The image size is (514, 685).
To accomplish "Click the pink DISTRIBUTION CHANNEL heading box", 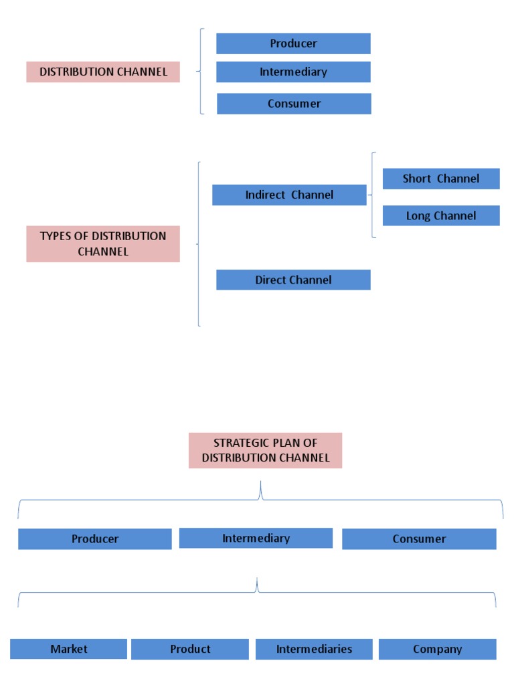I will pyautogui.click(x=103, y=72).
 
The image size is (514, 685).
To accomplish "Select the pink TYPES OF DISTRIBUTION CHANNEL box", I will pyautogui.click(x=103, y=243).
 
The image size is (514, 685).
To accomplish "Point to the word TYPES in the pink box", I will pyautogui.click(x=55, y=236).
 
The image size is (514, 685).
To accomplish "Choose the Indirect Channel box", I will pyautogui.click(x=289, y=195).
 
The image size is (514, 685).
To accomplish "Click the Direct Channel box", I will pyautogui.click(x=293, y=280).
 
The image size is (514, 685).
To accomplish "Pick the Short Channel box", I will pyautogui.click(x=441, y=179).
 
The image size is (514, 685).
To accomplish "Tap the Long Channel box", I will pyautogui.click(x=441, y=215).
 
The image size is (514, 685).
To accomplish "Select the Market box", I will pyautogui.click(x=68, y=649).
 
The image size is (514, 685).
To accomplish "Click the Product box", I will pyautogui.click(x=190, y=649).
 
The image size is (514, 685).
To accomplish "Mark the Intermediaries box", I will pyautogui.click(x=314, y=649).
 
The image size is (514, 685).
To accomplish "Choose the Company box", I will pyautogui.click(x=438, y=649).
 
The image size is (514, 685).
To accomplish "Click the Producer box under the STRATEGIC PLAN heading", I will pyautogui.click(x=95, y=539).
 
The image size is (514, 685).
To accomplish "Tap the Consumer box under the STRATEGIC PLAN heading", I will pyautogui.click(x=419, y=539).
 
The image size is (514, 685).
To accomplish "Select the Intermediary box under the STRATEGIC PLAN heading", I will pyautogui.click(x=256, y=538).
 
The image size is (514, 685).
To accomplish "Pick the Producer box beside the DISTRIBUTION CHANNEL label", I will pyautogui.click(x=293, y=43).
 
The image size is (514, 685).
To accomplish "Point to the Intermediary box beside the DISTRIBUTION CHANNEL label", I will pyautogui.click(x=293, y=72).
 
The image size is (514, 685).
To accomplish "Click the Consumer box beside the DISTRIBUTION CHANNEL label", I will pyautogui.click(x=294, y=104).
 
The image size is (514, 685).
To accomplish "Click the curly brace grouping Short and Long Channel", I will pyautogui.click(x=372, y=195).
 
